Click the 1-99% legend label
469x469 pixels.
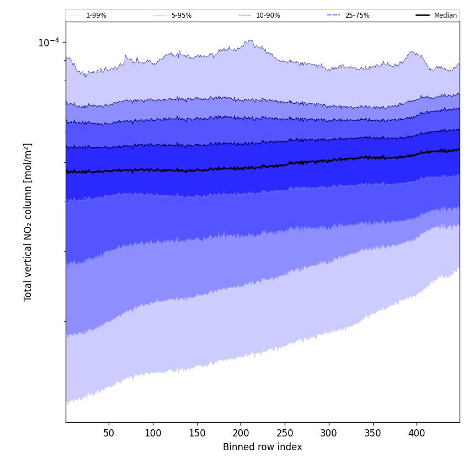click(x=96, y=15)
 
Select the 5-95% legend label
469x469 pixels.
click(x=182, y=15)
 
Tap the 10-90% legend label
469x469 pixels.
click(x=268, y=15)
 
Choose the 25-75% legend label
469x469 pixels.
click(x=357, y=15)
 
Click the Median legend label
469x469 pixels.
click(x=445, y=15)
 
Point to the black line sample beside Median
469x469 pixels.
click(x=423, y=15)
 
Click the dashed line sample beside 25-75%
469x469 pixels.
click(x=333, y=15)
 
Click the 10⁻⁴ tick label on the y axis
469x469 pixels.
click(x=48, y=42)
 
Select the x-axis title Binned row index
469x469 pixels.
click(x=263, y=447)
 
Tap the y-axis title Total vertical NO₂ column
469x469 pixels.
click(x=28, y=222)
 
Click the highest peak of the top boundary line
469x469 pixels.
click(x=251, y=40)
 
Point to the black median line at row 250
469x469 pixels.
click(x=285, y=164)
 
